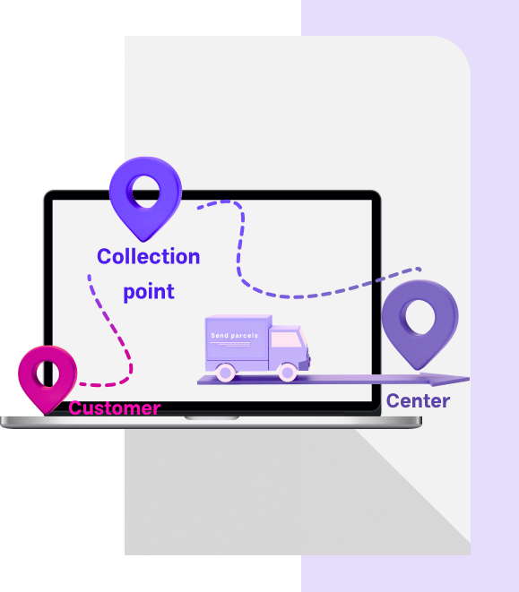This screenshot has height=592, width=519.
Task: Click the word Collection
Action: click(148, 257)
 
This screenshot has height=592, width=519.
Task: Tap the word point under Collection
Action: click(149, 292)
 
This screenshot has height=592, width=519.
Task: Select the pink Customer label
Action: click(115, 408)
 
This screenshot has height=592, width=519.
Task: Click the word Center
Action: click(418, 400)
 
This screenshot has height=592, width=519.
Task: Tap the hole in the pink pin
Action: click(48, 373)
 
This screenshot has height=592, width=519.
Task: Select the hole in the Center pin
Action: click(419, 316)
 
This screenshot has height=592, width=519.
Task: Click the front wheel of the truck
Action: click(287, 373)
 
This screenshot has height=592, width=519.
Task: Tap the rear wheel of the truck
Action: click(226, 373)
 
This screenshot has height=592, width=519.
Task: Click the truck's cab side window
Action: click(286, 339)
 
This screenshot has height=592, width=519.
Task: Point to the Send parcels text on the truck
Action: click(234, 336)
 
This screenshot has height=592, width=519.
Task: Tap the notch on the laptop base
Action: click(212, 418)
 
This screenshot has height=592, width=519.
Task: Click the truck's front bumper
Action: click(305, 365)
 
